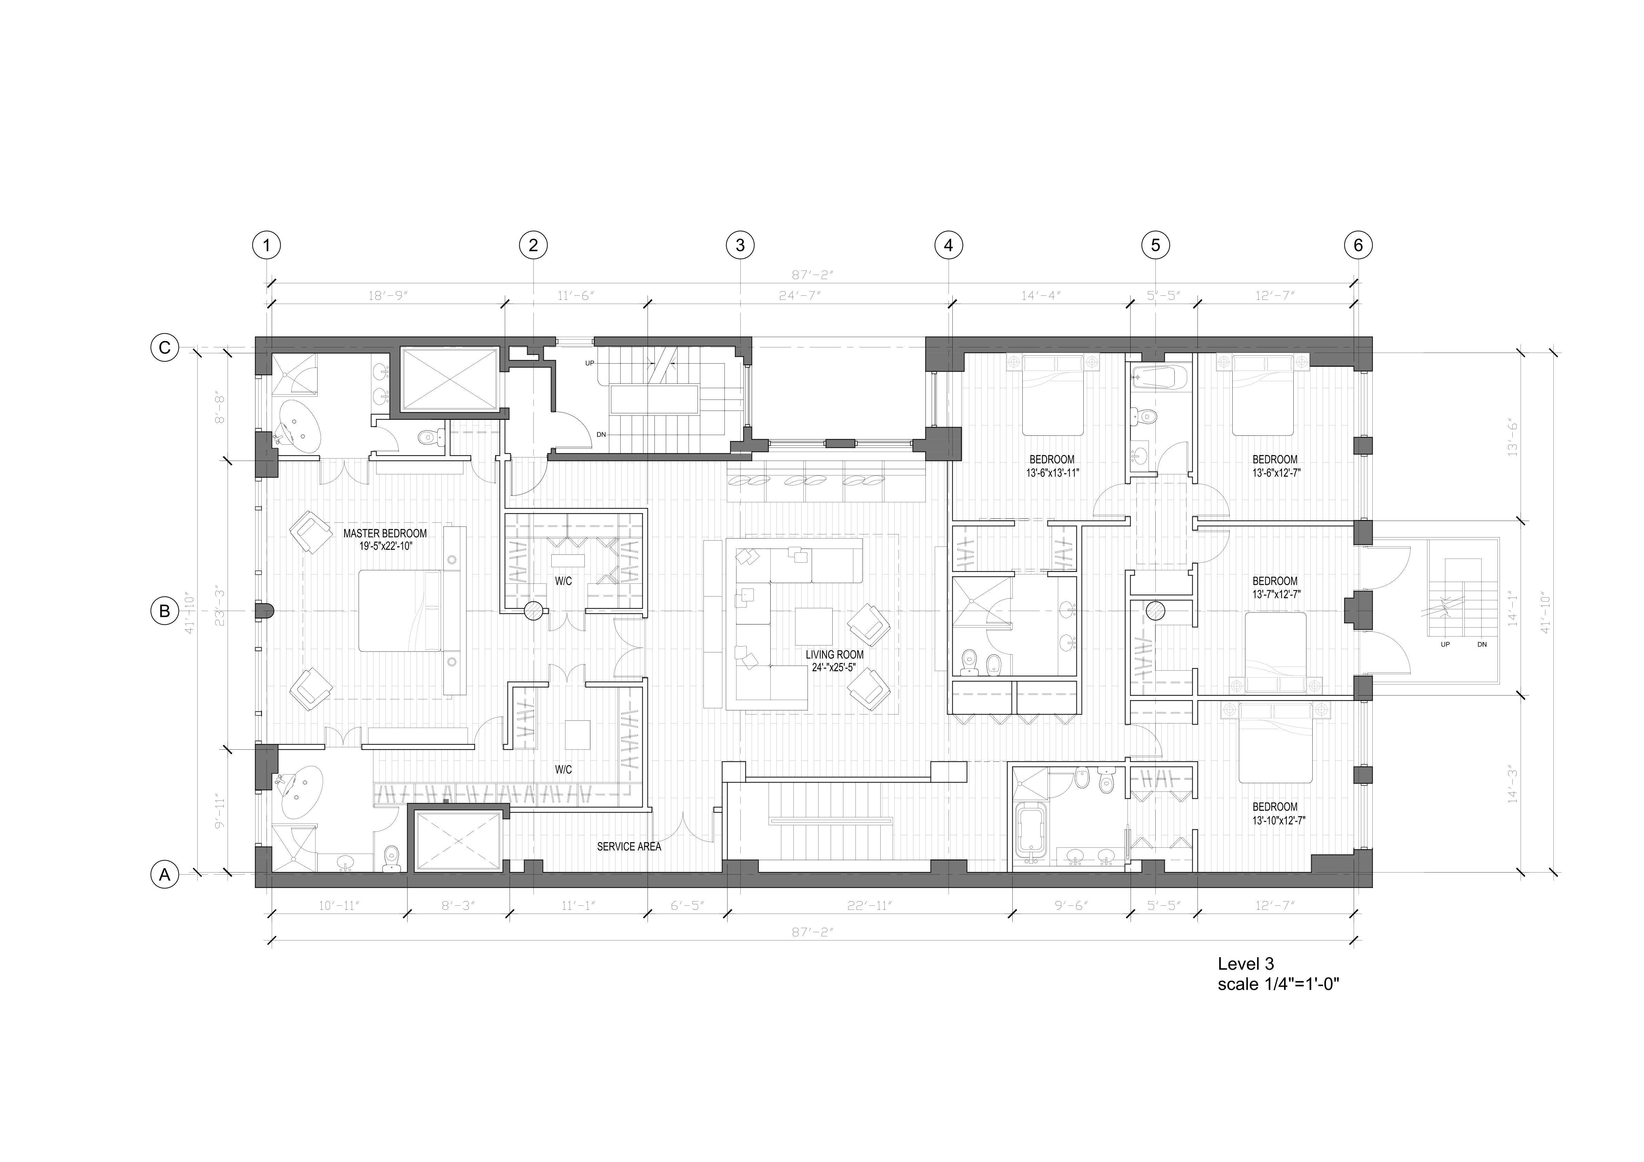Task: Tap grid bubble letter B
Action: pyautogui.click(x=165, y=611)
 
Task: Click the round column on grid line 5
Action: pyautogui.click(x=1155, y=610)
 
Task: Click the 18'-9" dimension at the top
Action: pyautogui.click(x=387, y=295)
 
